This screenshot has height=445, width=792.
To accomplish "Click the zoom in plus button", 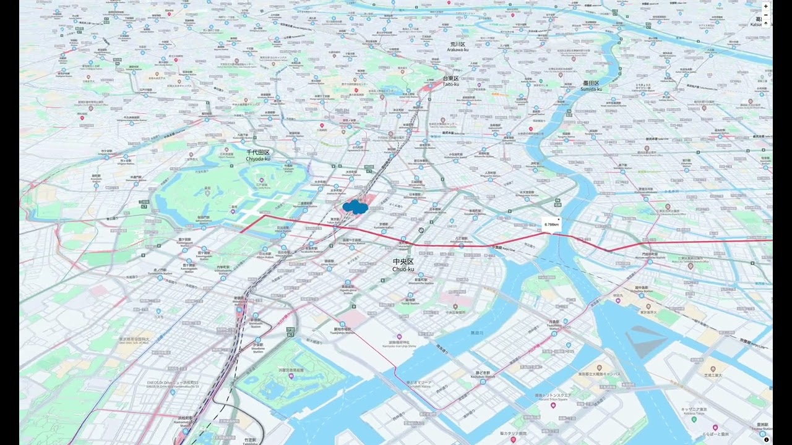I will point(765,6).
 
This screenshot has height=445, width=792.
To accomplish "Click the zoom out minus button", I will point(765,15).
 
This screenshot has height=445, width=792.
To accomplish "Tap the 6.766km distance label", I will point(551,224).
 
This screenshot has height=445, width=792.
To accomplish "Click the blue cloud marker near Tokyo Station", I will point(355,207).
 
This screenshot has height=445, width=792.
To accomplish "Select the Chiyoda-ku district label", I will point(258,155).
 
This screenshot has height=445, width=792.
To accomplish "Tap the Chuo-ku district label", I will point(403,265).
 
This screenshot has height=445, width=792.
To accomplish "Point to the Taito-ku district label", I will point(450,81).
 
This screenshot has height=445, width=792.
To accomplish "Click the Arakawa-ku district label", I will point(458,46).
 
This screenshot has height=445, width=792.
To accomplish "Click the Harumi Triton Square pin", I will point(553,405).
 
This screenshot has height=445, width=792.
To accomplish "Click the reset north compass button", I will point(765,23).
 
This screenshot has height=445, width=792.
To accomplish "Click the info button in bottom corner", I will point(766,440).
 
